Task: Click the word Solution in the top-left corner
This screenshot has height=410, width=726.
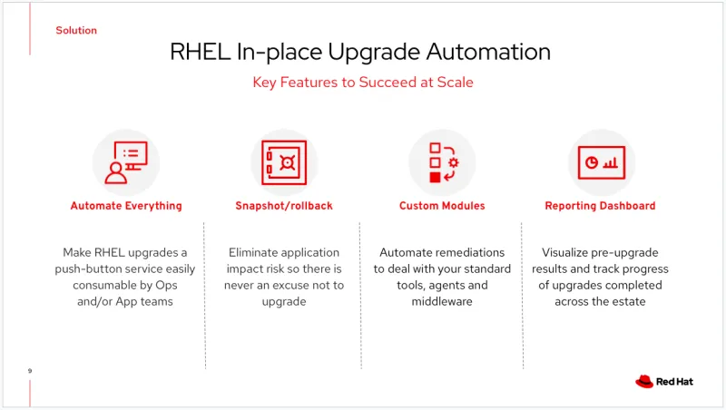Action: (76, 30)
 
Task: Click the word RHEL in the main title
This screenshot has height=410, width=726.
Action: (200, 52)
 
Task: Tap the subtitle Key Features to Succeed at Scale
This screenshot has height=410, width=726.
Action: (362, 83)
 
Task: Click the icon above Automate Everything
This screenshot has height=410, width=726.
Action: (126, 161)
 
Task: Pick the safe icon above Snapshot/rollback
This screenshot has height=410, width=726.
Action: (283, 161)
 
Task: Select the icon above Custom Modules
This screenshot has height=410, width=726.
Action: (442, 161)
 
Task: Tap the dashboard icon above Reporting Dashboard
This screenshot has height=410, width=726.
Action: (600, 161)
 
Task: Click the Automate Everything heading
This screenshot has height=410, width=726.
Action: (126, 206)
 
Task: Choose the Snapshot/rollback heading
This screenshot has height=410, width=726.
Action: (284, 206)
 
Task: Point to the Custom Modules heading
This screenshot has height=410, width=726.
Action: (442, 206)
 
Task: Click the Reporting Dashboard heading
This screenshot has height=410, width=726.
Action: (600, 206)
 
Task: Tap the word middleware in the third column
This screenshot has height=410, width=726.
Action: (442, 301)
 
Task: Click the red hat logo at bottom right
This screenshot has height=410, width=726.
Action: (644, 382)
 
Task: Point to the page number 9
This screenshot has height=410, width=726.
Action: (30, 371)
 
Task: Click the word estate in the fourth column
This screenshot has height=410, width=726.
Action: (628, 301)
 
